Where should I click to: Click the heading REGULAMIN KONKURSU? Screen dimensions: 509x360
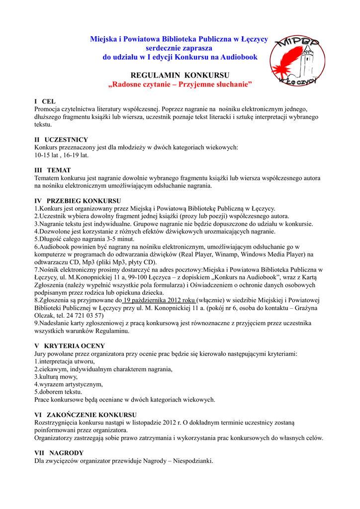180,75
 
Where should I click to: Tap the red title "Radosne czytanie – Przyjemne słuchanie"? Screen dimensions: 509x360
180,85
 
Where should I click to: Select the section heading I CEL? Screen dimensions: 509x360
45,101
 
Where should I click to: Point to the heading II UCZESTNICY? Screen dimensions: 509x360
61,140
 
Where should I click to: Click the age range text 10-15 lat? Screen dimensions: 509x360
46,155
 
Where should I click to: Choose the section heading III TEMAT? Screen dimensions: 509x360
53,170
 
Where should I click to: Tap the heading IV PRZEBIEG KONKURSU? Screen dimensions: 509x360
75,201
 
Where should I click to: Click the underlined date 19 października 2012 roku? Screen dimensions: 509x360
160,300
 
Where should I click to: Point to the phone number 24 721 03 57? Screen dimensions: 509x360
87,315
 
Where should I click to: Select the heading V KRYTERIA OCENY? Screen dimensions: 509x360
69,346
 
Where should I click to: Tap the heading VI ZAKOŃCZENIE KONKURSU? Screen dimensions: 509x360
86,415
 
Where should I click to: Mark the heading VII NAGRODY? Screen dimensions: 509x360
59,453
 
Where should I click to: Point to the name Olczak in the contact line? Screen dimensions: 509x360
44,315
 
